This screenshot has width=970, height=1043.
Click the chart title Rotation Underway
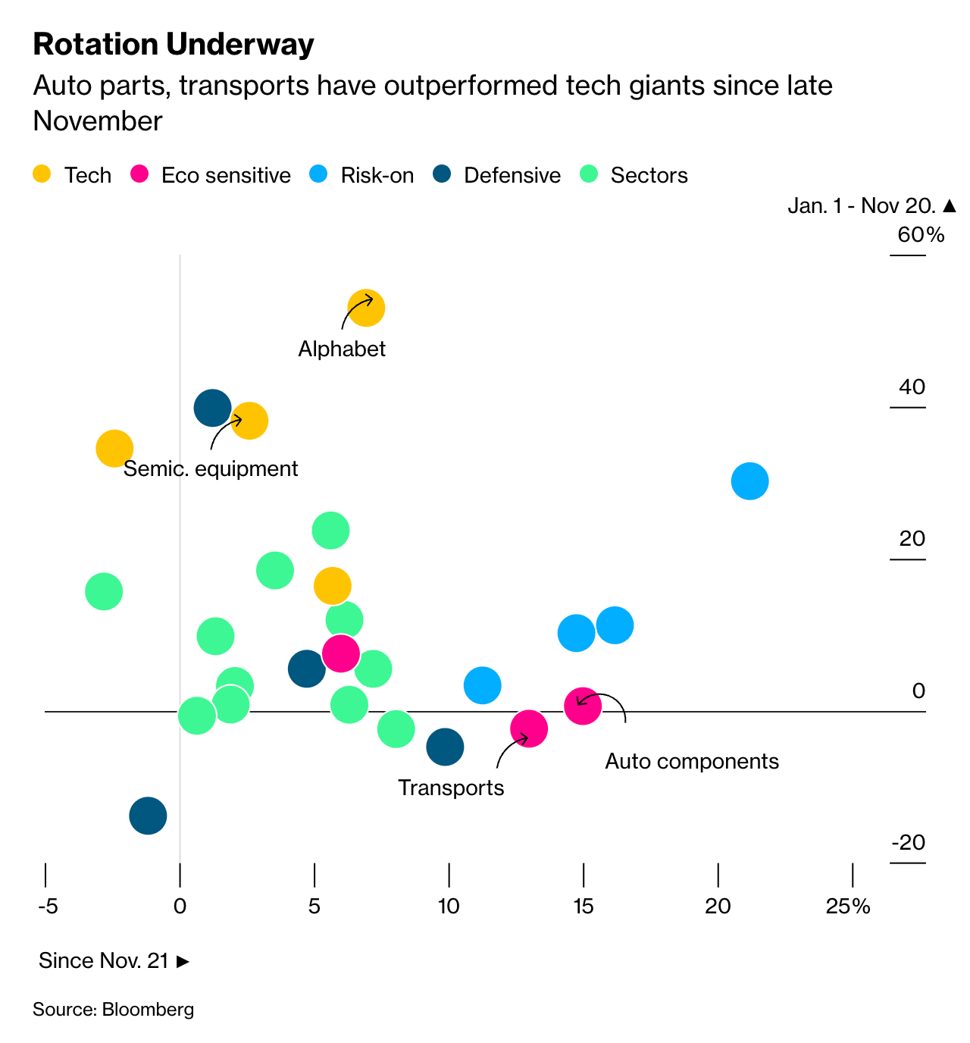[174, 45]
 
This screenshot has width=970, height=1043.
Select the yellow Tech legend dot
[42, 174]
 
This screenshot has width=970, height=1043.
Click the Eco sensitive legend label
[226, 175]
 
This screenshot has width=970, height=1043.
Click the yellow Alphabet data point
[366, 308]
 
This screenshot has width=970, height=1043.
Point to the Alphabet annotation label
[342, 349]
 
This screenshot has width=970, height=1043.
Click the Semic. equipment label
[211, 468]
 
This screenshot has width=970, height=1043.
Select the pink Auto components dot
[583, 706]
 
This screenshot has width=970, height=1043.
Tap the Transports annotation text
[451, 788]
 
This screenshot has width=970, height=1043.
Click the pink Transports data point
[529, 729]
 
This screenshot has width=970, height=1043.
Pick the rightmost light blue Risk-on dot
[749, 481]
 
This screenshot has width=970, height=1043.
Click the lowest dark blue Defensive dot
[148, 816]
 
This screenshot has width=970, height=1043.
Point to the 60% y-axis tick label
[921, 235]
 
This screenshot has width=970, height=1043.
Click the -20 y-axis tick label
[908, 842]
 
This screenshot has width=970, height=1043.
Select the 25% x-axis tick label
[848, 906]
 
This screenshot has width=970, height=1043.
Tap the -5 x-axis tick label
[47, 906]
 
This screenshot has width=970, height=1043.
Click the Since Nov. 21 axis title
[114, 960]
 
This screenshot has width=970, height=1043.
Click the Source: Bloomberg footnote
[114, 1009]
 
